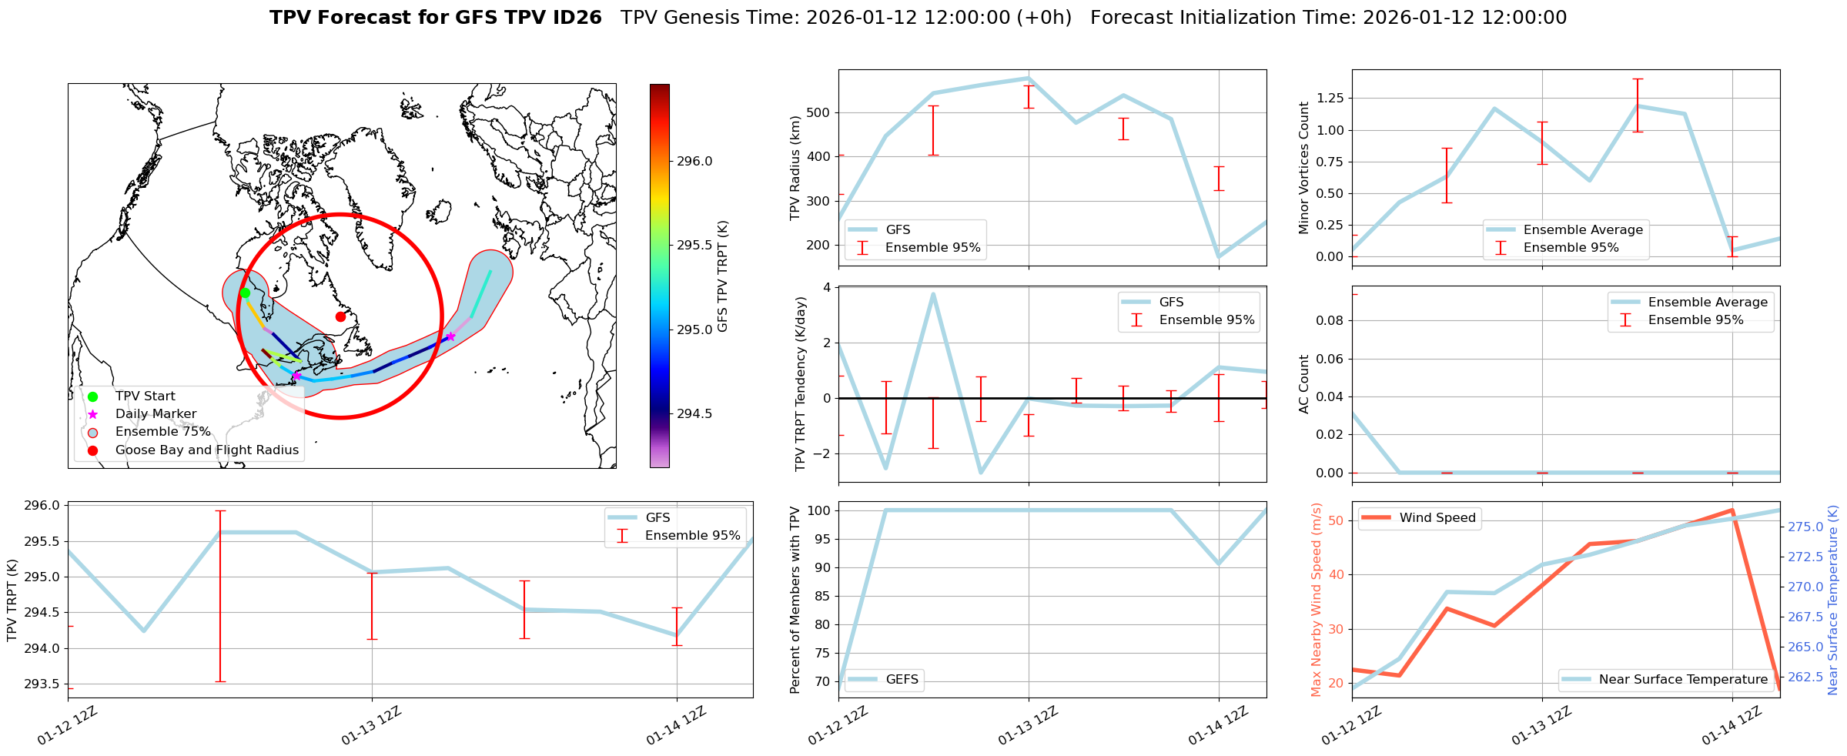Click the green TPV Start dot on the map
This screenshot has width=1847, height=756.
[245, 293]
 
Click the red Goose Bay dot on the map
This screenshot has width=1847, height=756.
[340, 316]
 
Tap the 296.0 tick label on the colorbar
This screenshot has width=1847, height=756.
[694, 162]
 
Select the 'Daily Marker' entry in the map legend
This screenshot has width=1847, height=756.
[156, 414]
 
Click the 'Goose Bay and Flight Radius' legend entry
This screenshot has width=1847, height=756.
[206, 450]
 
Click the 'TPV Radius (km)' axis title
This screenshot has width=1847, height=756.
[795, 168]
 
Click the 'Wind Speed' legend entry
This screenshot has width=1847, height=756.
[1437, 518]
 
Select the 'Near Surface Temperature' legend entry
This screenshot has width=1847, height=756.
[1683, 680]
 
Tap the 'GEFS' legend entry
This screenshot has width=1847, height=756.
[902, 680]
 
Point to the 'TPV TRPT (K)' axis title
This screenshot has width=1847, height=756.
[12, 600]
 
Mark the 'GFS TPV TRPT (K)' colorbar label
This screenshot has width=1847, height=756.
[722, 276]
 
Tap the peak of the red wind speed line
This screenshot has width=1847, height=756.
[1732, 510]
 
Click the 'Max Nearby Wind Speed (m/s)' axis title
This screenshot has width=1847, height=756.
[1316, 600]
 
